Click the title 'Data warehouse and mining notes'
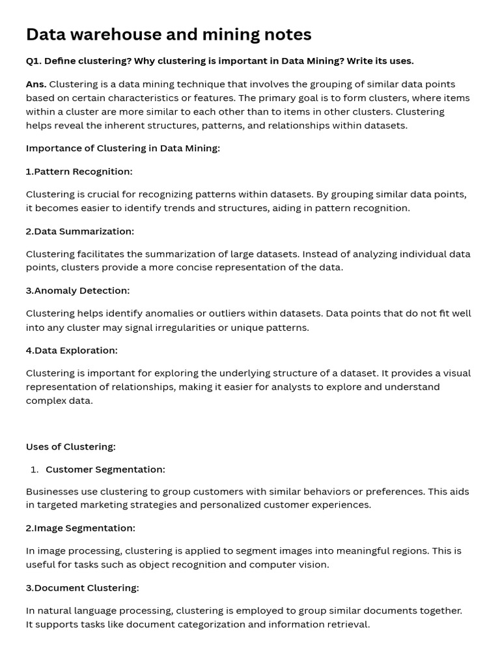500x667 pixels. pos(169,35)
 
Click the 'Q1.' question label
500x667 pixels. pos(35,61)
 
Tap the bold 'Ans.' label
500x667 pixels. pos(36,84)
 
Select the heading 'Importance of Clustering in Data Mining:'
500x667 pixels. pos(123,149)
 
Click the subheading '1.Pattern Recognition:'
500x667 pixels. pos(79,171)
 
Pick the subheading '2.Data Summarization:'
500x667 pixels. pos(80,231)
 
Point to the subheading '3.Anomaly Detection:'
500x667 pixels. pos(77,291)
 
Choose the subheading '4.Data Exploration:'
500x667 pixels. pos(72,350)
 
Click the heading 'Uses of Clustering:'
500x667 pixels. pos(70,447)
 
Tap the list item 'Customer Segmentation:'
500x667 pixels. pos(105,470)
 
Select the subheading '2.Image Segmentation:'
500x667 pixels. pos(81,528)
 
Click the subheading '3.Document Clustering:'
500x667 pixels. pos(82,588)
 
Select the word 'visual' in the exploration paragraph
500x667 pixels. pos(456,373)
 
